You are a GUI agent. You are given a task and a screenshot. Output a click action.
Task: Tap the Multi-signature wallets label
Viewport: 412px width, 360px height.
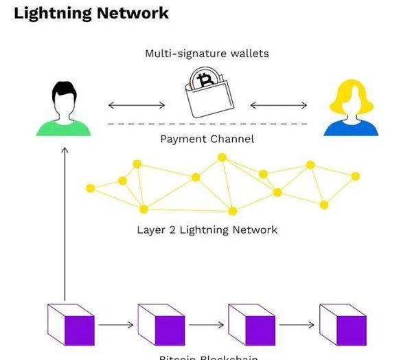point(207,53)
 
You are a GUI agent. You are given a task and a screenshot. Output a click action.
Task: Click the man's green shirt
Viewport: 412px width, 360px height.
point(63,128)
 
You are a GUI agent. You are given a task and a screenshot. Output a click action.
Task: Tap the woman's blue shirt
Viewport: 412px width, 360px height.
point(350,128)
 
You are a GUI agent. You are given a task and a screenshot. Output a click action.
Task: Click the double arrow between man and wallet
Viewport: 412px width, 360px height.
point(137,105)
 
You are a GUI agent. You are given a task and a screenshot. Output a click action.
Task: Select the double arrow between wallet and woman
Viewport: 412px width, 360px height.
point(278,105)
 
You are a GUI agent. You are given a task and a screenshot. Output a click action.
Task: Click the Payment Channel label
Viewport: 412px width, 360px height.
point(207,139)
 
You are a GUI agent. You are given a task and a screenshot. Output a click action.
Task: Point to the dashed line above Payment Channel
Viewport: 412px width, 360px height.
point(207,124)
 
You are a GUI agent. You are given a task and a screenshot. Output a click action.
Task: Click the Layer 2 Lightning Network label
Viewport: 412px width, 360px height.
point(207,229)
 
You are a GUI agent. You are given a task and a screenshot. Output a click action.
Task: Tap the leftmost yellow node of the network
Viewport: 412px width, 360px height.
point(91,188)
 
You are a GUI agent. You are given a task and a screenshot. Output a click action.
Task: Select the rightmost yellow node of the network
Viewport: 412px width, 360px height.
point(355,177)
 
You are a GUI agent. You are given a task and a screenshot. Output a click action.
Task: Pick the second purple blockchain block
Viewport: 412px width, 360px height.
point(161,324)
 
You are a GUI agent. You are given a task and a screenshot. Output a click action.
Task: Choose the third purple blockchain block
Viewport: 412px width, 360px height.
point(251,324)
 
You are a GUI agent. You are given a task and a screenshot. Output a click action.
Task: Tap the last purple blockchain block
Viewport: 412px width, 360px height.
point(343,324)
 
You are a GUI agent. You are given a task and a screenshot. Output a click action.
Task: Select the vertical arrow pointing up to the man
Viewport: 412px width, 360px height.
point(65,220)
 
